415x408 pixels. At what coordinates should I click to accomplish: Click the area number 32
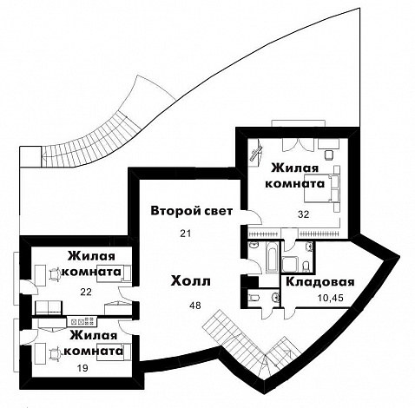(304, 214)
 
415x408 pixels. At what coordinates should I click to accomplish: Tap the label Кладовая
(320, 282)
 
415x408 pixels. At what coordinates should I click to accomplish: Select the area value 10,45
(331, 298)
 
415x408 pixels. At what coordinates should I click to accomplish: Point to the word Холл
(190, 281)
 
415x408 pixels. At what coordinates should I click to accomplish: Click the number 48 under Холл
(195, 306)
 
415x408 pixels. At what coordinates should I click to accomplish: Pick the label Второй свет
(192, 211)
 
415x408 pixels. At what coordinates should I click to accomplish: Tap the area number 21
(186, 234)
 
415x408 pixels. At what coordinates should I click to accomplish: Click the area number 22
(86, 292)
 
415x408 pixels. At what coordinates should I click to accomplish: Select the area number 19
(82, 368)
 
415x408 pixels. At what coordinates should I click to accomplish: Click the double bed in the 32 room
(321, 188)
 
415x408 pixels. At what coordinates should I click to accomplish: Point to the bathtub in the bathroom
(272, 258)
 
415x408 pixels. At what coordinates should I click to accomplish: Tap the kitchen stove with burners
(82, 321)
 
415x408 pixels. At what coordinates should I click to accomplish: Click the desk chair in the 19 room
(55, 354)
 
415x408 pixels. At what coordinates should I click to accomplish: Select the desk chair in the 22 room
(55, 273)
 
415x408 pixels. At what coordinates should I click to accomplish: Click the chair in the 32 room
(329, 155)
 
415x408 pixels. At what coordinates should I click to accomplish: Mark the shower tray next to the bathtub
(289, 263)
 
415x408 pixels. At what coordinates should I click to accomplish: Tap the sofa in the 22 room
(49, 307)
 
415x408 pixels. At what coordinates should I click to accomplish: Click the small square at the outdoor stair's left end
(30, 156)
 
